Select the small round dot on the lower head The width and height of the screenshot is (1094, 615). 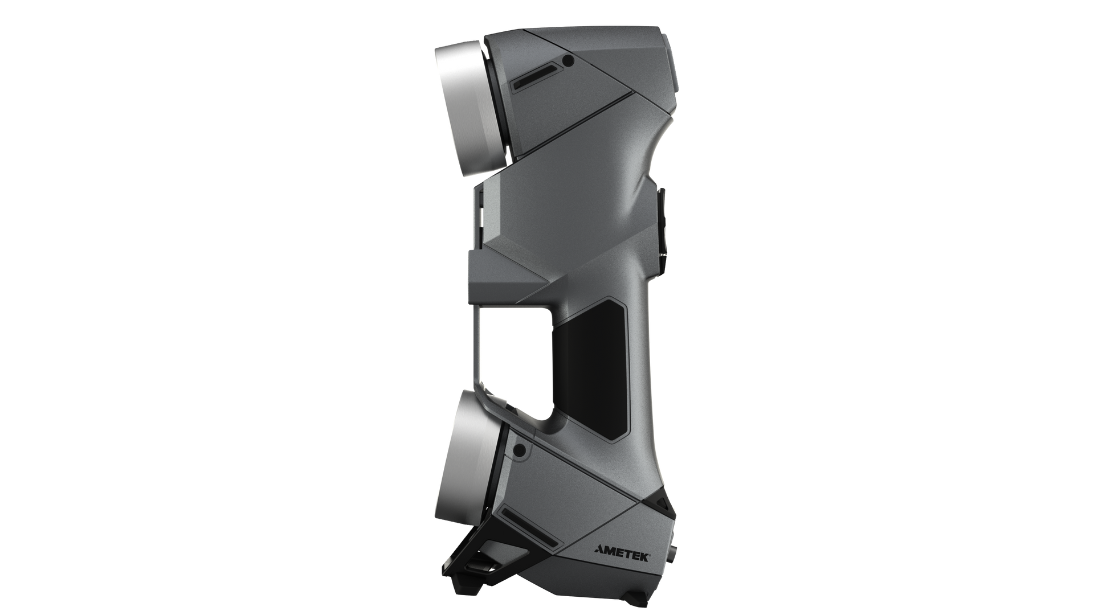click(519, 450)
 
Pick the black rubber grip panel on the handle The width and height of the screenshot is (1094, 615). click(593, 370)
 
